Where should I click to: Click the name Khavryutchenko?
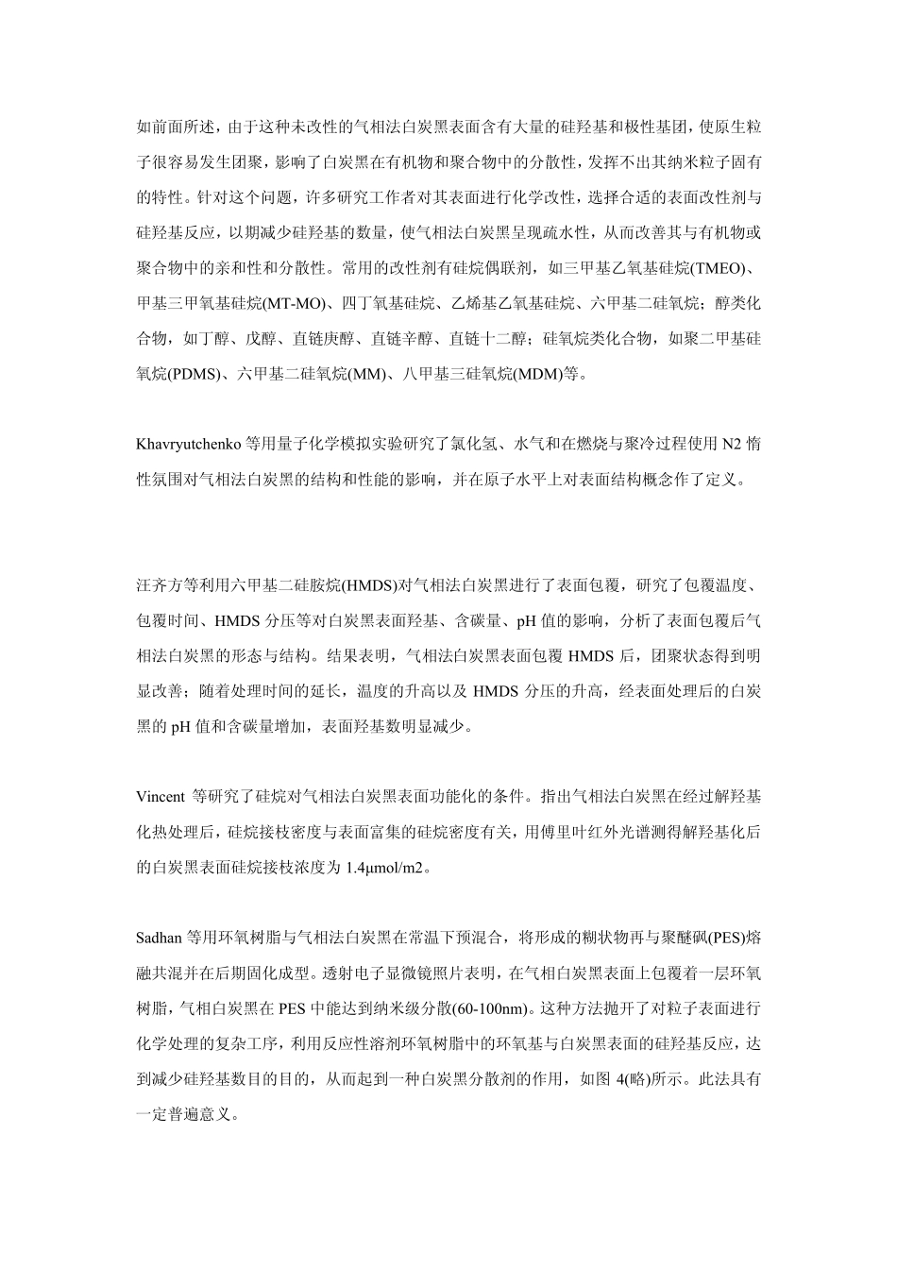[x=189, y=443]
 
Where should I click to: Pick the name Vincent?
[x=161, y=796]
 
